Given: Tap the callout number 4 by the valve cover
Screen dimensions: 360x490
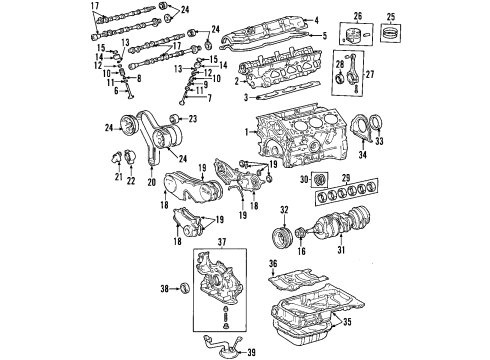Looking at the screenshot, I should [x=317, y=21].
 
